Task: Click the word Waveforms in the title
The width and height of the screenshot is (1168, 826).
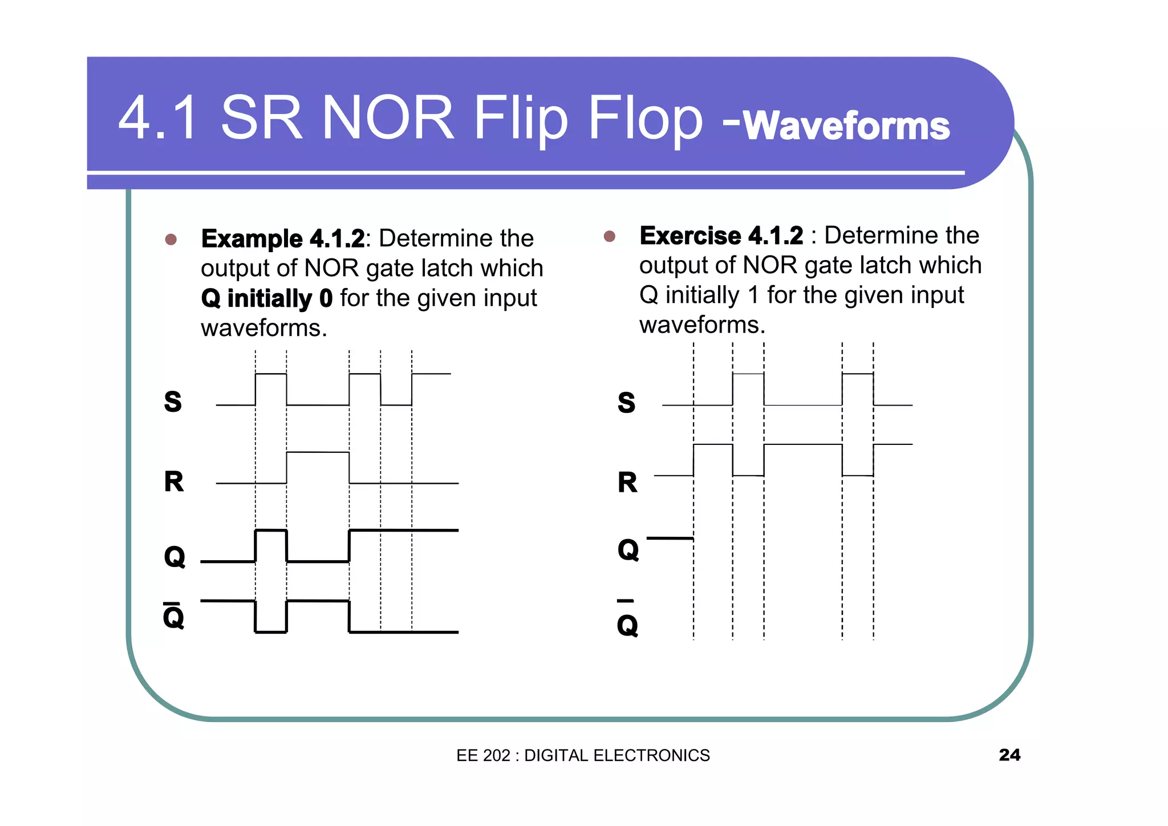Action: coord(846,125)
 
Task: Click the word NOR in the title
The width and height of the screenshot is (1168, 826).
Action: coord(388,118)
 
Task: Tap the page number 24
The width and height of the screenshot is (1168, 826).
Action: coord(1009,755)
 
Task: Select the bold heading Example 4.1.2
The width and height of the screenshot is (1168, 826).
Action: coord(282,238)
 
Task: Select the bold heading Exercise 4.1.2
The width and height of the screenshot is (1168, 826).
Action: coord(721,236)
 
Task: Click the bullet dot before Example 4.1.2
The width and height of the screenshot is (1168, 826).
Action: coord(171,239)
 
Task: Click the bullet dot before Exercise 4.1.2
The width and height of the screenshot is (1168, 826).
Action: coord(609,236)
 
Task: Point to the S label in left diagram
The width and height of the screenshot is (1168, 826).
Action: coord(173,402)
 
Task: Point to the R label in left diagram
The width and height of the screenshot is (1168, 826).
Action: coord(174,481)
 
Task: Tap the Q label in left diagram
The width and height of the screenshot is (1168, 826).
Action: coord(175,557)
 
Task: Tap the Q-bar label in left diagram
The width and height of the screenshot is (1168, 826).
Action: coord(173,616)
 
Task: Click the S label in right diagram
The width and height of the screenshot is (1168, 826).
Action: coord(626,403)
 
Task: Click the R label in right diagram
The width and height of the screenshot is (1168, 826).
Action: coord(627,483)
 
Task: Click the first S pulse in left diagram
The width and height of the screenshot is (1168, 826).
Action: coord(271,375)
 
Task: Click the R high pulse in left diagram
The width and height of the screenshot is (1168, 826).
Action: coord(318,452)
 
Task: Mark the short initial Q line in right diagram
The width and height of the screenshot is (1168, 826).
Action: coord(670,538)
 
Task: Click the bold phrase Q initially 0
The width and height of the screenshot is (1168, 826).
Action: coord(266,298)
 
